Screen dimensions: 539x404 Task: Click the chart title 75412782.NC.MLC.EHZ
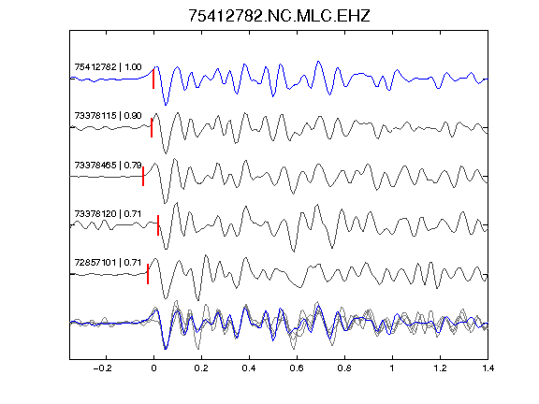(x=279, y=16)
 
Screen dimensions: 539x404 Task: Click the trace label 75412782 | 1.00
(x=108, y=67)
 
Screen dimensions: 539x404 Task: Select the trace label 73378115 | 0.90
(x=108, y=116)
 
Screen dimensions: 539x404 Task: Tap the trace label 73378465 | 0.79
(x=108, y=166)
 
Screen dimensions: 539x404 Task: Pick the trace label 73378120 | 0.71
(x=108, y=214)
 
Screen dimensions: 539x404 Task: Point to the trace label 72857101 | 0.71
(x=108, y=263)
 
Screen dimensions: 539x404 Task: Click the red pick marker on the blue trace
(x=153, y=79)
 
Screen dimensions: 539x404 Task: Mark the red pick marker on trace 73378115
(x=152, y=128)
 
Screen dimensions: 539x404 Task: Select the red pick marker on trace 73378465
(x=143, y=177)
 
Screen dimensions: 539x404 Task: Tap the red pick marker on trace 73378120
(x=158, y=225)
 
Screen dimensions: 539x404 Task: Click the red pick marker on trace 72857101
(x=148, y=274)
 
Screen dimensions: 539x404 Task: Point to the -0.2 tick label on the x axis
(x=103, y=368)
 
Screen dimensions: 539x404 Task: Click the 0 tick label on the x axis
(x=153, y=368)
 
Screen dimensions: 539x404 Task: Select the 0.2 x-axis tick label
(x=201, y=368)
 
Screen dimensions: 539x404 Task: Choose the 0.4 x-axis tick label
(x=249, y=368)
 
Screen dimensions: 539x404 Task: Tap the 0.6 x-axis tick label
(x=297, y=368)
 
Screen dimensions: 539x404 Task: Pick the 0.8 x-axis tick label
(x=344, y=368)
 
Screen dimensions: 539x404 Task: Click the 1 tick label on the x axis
(x=392, y=368)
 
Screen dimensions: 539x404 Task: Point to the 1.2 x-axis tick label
(x=440, y=368)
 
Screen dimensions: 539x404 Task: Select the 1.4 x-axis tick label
(x=488, y=368)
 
